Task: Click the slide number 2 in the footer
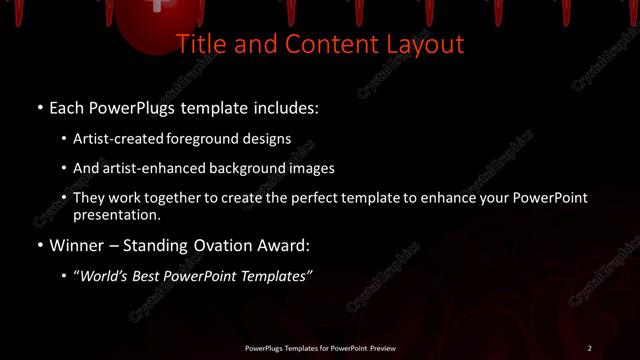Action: (x=589, y=348)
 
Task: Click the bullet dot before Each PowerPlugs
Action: (x=39, y=107)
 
